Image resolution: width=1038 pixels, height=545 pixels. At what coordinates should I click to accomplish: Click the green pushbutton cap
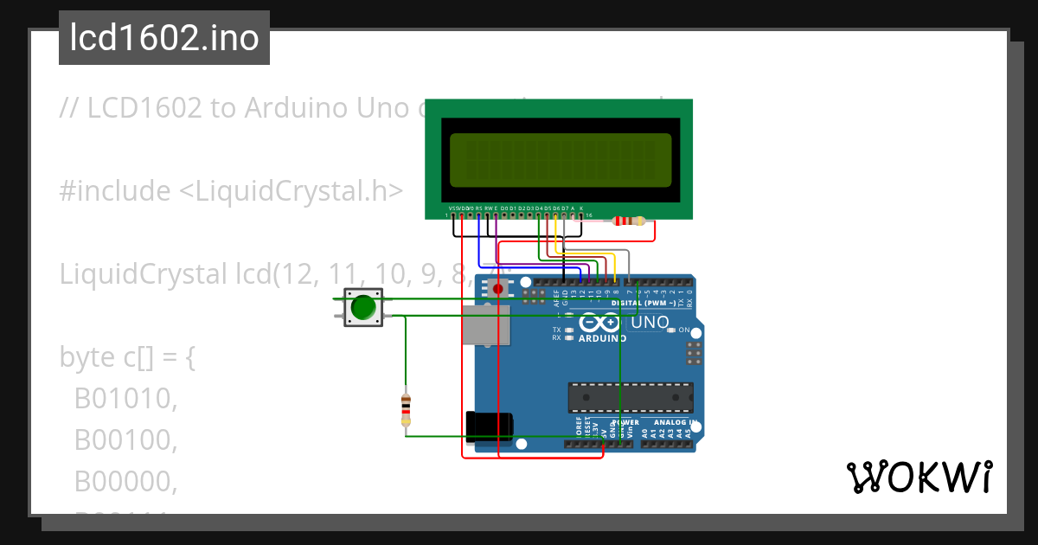pyautogui.click(x=363, y=307)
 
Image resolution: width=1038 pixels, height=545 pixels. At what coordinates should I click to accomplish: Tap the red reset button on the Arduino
pyautogui.click(x=497, y=287)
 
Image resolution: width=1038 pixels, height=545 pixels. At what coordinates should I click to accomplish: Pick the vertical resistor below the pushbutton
pyautogui.click(x=406, y=409)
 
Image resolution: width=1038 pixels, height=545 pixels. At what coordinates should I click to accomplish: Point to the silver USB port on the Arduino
pyautogui.click(x=485, y=333)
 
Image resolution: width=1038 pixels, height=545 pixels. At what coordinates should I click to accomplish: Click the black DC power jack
pyautogui.click(x=490, y=426)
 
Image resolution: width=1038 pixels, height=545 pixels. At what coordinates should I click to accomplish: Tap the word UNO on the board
pyautogui.click(x=650, y=322)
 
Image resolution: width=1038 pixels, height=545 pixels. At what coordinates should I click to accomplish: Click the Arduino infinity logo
pyautogui.click(x=602, y=323)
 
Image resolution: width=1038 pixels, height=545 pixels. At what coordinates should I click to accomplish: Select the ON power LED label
pyautogui.click(x=683, y=330)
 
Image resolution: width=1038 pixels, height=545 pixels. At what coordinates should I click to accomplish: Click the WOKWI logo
pyautogui.click(x=918, y=477)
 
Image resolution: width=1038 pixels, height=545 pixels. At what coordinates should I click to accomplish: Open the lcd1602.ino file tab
pyautogui.click(x=164, y=38)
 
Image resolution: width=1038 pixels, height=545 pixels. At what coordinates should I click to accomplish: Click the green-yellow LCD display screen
pyautogui.click(x=561, y=160)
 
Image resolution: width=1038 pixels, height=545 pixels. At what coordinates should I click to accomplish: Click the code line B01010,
pyautogui.click(x=125, y=399)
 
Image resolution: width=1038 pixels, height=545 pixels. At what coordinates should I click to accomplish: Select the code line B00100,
pyautogui.click(x=125, y=440)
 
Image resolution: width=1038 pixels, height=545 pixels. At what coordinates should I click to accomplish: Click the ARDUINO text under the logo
pyautogui.click(x=602, y=338)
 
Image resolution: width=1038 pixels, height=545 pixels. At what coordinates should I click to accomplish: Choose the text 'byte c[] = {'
pyautogui.click(x=128, y=357)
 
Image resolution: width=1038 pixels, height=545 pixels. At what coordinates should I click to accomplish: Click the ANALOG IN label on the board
pyautogui.click(x=675, y=422)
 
